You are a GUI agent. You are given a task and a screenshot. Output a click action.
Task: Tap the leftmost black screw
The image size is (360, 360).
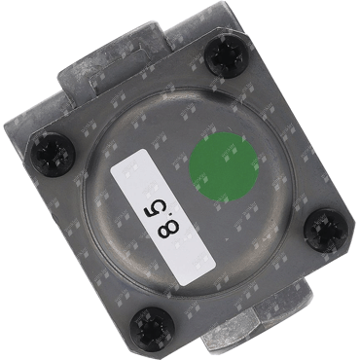[x=52, y=155]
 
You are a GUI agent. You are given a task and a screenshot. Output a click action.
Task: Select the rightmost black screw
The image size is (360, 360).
[x=326, y=231]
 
